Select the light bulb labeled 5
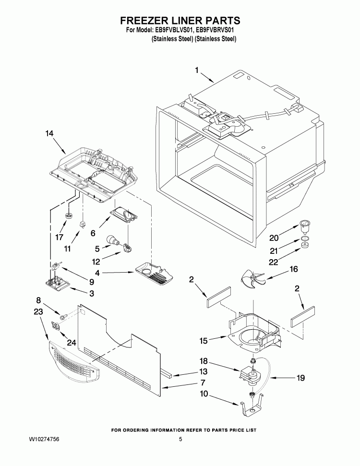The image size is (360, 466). [x=113, y=239]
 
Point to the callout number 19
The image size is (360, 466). [x=300, y=378]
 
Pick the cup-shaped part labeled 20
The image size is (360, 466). [x=304, y=225]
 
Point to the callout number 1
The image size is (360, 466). [x=196, y=71]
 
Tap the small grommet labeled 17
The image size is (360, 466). [x=69, y=215]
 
